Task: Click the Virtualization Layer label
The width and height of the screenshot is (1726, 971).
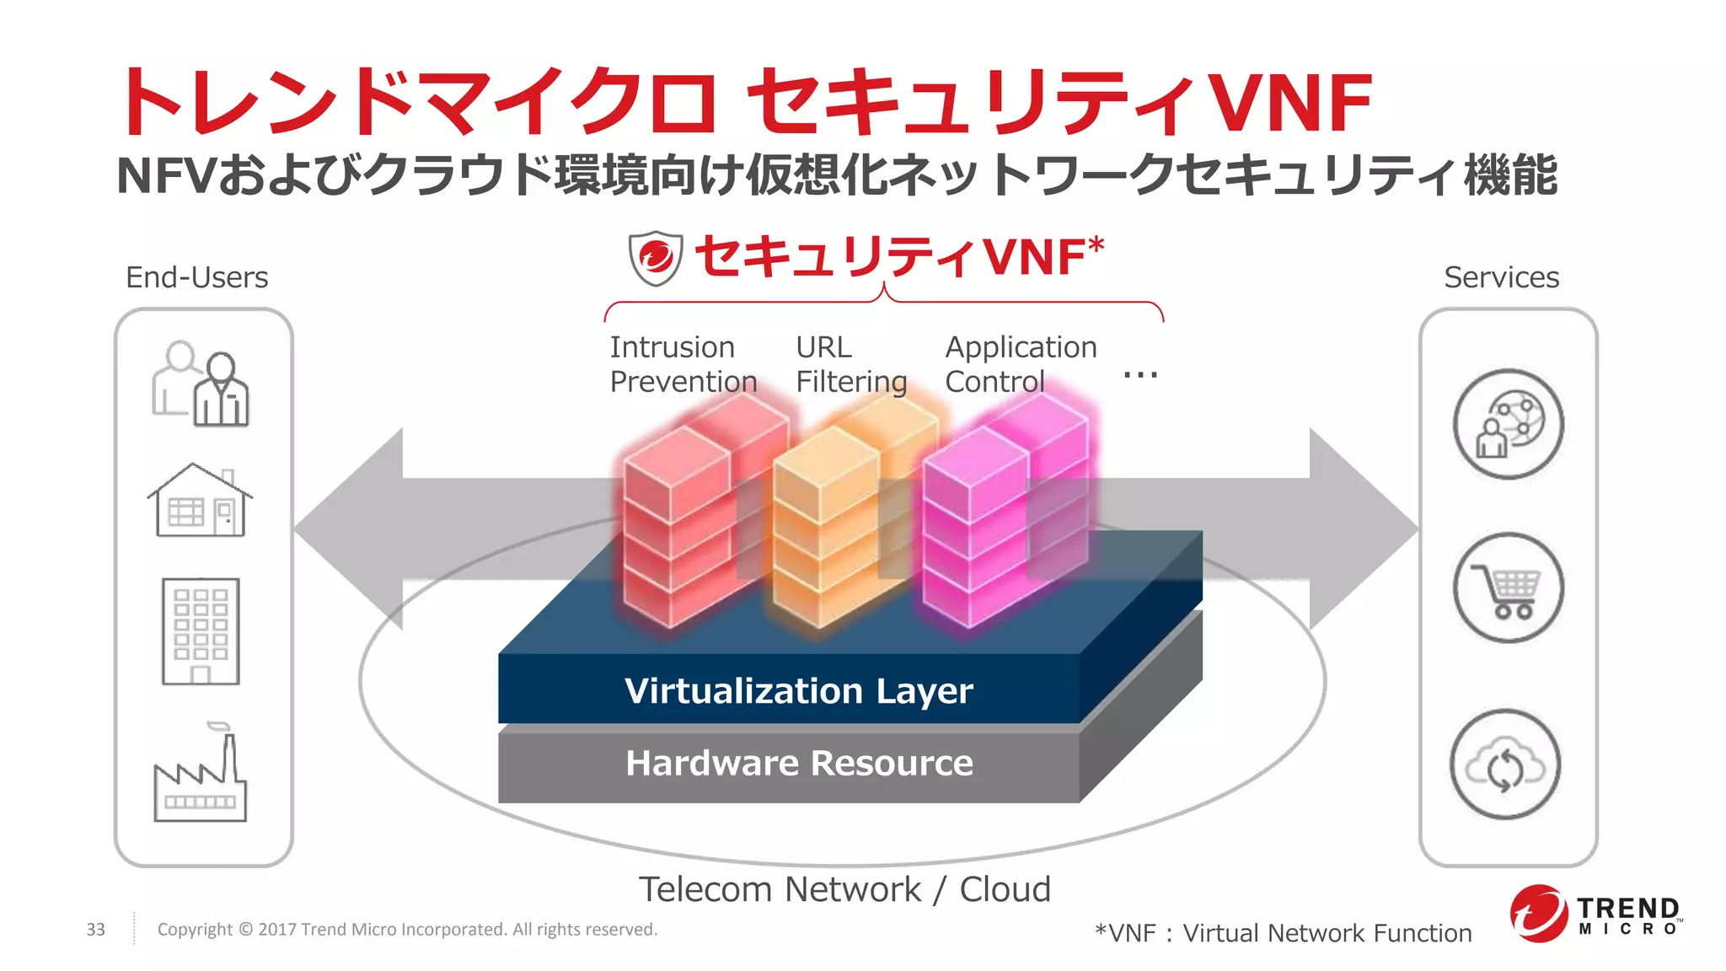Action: click(x=798, y=690)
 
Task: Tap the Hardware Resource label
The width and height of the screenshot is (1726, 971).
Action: click(x=798, y=763)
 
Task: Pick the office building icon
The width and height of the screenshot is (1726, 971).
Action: click(x=201, y=630)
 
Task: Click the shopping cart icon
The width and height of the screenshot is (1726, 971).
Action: click(x=1508, y=587)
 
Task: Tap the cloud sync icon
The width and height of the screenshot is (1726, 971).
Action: click(x=1506, y=764)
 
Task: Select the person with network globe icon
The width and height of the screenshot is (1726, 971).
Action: click(x=1508, y=424)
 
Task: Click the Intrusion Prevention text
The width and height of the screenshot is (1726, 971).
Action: click(x=683, y=364)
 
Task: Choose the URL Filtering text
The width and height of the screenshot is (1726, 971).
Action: click(x=850, y=364)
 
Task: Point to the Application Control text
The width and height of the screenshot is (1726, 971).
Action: click(x=1021, y=364)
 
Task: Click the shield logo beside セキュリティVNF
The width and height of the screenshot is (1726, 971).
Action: click(x=655, y=257)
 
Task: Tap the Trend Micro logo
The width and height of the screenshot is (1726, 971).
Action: click(x=1594, y=914)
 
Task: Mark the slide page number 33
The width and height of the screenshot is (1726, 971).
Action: click(x=96, y=929)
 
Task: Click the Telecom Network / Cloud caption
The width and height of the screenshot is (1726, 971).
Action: click(x=844, y=889)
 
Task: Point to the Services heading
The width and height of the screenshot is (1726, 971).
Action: click(x=1501, y=277)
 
